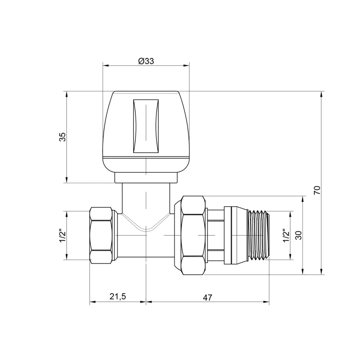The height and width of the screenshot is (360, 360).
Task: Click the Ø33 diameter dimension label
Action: point(146,61)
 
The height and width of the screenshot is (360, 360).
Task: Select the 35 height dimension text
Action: point(62,137)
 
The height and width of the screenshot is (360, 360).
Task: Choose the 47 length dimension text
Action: point(208,297)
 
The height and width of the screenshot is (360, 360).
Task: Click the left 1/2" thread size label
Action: point(62,235)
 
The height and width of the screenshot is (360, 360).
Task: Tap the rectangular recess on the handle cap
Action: point(146,126)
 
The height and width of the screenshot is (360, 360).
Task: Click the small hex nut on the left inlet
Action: point(101,235)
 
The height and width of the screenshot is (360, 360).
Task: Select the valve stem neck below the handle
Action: point(146,196)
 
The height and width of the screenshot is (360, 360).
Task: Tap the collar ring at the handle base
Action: point(146,178)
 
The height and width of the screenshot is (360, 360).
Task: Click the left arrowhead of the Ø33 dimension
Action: point(105,66)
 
